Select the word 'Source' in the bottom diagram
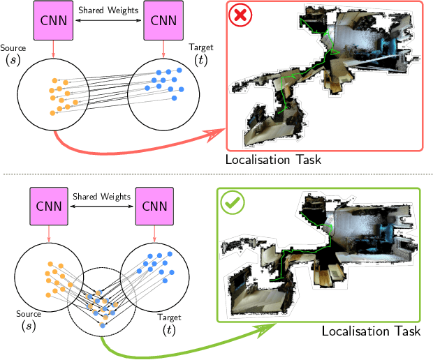pos(28,315)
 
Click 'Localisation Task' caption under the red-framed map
pos(273,160)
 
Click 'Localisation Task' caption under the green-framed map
pos(371,331)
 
